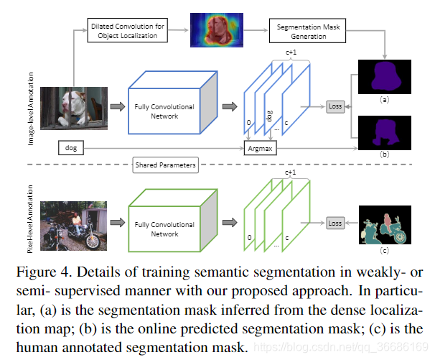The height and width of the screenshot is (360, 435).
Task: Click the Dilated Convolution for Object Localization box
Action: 128,30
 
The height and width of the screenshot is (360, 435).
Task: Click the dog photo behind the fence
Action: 74,108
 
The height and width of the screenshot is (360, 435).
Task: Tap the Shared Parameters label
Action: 166,165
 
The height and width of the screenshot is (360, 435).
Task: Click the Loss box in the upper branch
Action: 335,106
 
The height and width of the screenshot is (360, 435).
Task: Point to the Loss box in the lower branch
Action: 335,223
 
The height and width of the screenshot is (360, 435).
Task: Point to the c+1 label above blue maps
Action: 290,52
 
